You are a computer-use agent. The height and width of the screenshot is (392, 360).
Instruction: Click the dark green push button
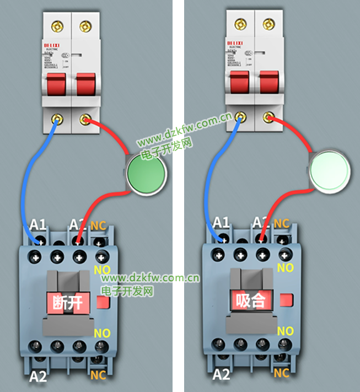146,173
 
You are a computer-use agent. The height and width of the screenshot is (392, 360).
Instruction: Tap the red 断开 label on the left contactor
69,302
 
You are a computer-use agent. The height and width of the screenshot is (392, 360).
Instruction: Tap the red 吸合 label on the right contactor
251,300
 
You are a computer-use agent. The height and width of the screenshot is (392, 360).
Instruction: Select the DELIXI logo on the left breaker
53,43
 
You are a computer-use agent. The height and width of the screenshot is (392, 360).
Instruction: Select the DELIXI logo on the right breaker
237,41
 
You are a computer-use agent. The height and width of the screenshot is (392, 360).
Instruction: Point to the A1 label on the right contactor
221,222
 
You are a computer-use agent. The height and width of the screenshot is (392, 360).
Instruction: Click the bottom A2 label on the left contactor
37,378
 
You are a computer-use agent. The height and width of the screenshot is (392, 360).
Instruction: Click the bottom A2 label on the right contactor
221,375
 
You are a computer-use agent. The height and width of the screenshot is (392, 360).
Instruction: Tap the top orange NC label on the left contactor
99,225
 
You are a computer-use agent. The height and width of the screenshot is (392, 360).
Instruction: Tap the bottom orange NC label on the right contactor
282,373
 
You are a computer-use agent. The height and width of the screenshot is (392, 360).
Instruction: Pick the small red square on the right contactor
286,300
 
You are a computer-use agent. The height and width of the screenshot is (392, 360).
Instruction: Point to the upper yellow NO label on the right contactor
285,268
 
